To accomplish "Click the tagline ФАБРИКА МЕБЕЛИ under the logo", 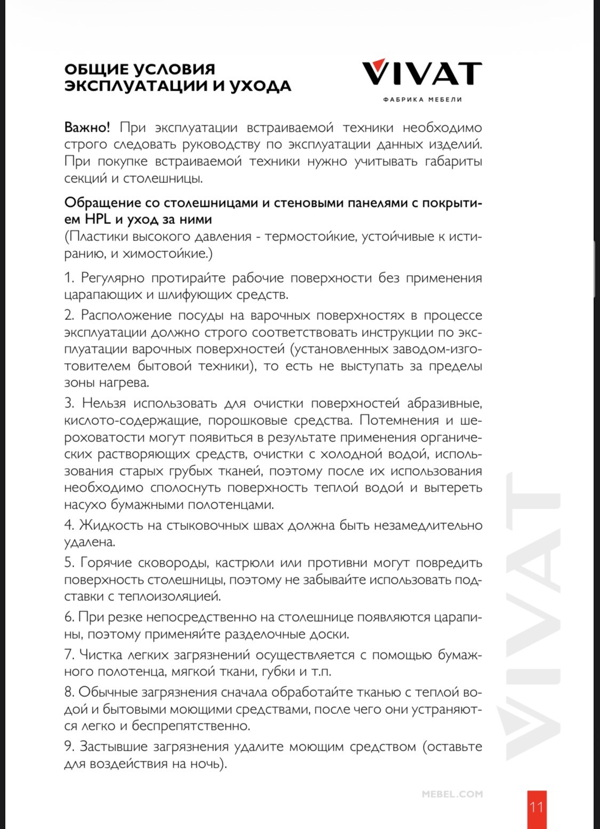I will (422, 99).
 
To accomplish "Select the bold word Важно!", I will (87, 127).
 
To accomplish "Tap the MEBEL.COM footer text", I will (452, 794).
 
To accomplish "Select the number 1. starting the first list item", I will (69, 278).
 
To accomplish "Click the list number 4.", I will (69, 525).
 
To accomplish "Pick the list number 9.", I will (69, 746).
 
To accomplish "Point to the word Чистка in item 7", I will (101, 654).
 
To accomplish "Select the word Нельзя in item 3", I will (104, 403).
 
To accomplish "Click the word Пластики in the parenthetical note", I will (99, 236).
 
